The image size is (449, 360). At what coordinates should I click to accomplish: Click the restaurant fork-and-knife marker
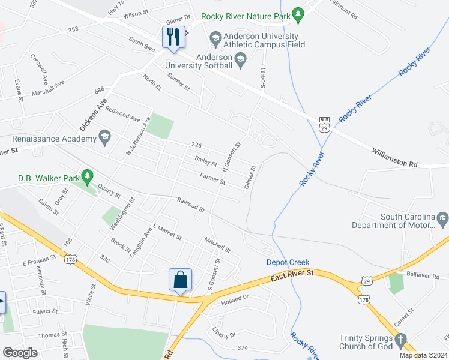pos(173,37)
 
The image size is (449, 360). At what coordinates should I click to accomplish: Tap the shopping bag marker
pos(180,280)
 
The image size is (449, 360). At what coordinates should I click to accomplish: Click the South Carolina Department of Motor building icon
pos(443,217)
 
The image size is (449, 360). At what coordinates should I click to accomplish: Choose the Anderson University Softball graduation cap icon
pos(241,58)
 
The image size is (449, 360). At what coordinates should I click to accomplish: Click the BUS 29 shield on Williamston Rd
pos(324,124)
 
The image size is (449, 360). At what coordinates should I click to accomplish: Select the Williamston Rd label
pos(394,154)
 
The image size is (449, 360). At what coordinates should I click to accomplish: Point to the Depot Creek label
pos(288,262)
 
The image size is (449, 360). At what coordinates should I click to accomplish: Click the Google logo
pos(20,353)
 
